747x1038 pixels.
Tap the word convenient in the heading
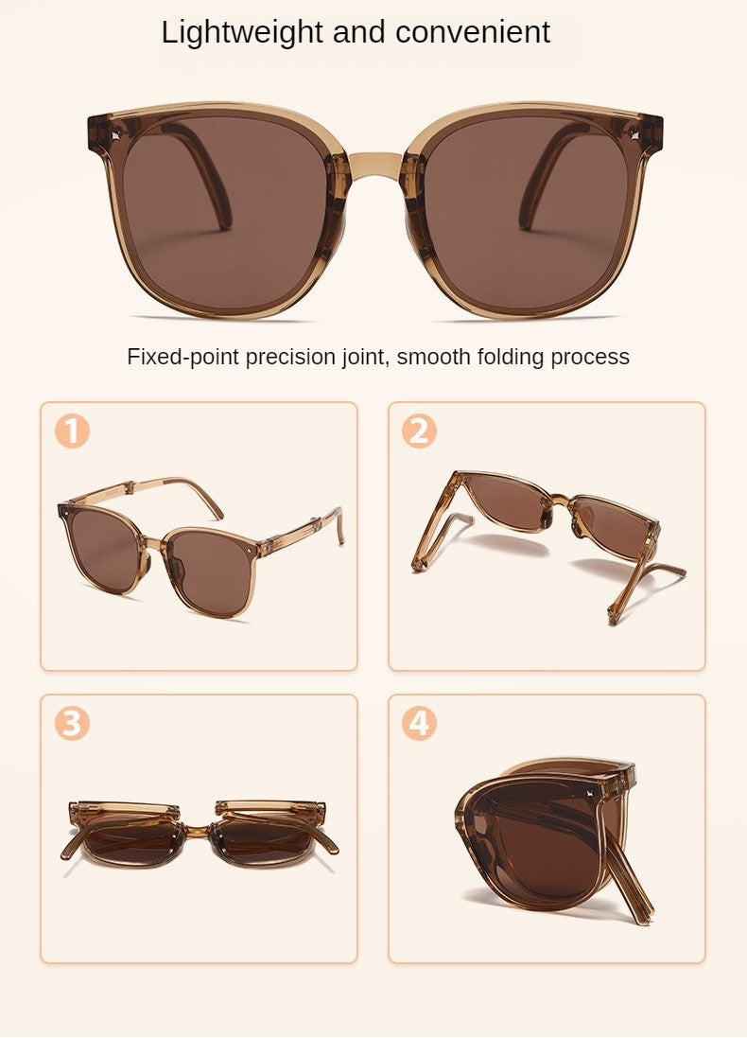(x=473, y=32)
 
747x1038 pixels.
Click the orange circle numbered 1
(x=72, y=431)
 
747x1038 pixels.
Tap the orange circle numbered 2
(x=419, y=431)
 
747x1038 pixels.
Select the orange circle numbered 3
(x=72, y=724)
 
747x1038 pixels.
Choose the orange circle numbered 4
(x=419, y=724)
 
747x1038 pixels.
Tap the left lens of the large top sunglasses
(x=224, y=214)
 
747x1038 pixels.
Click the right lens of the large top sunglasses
(x=526, y=214)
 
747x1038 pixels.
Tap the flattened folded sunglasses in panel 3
(x=199, y=833)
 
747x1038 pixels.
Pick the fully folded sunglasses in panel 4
(x=548, y=833)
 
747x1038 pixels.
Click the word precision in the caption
(x=309, y=357)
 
